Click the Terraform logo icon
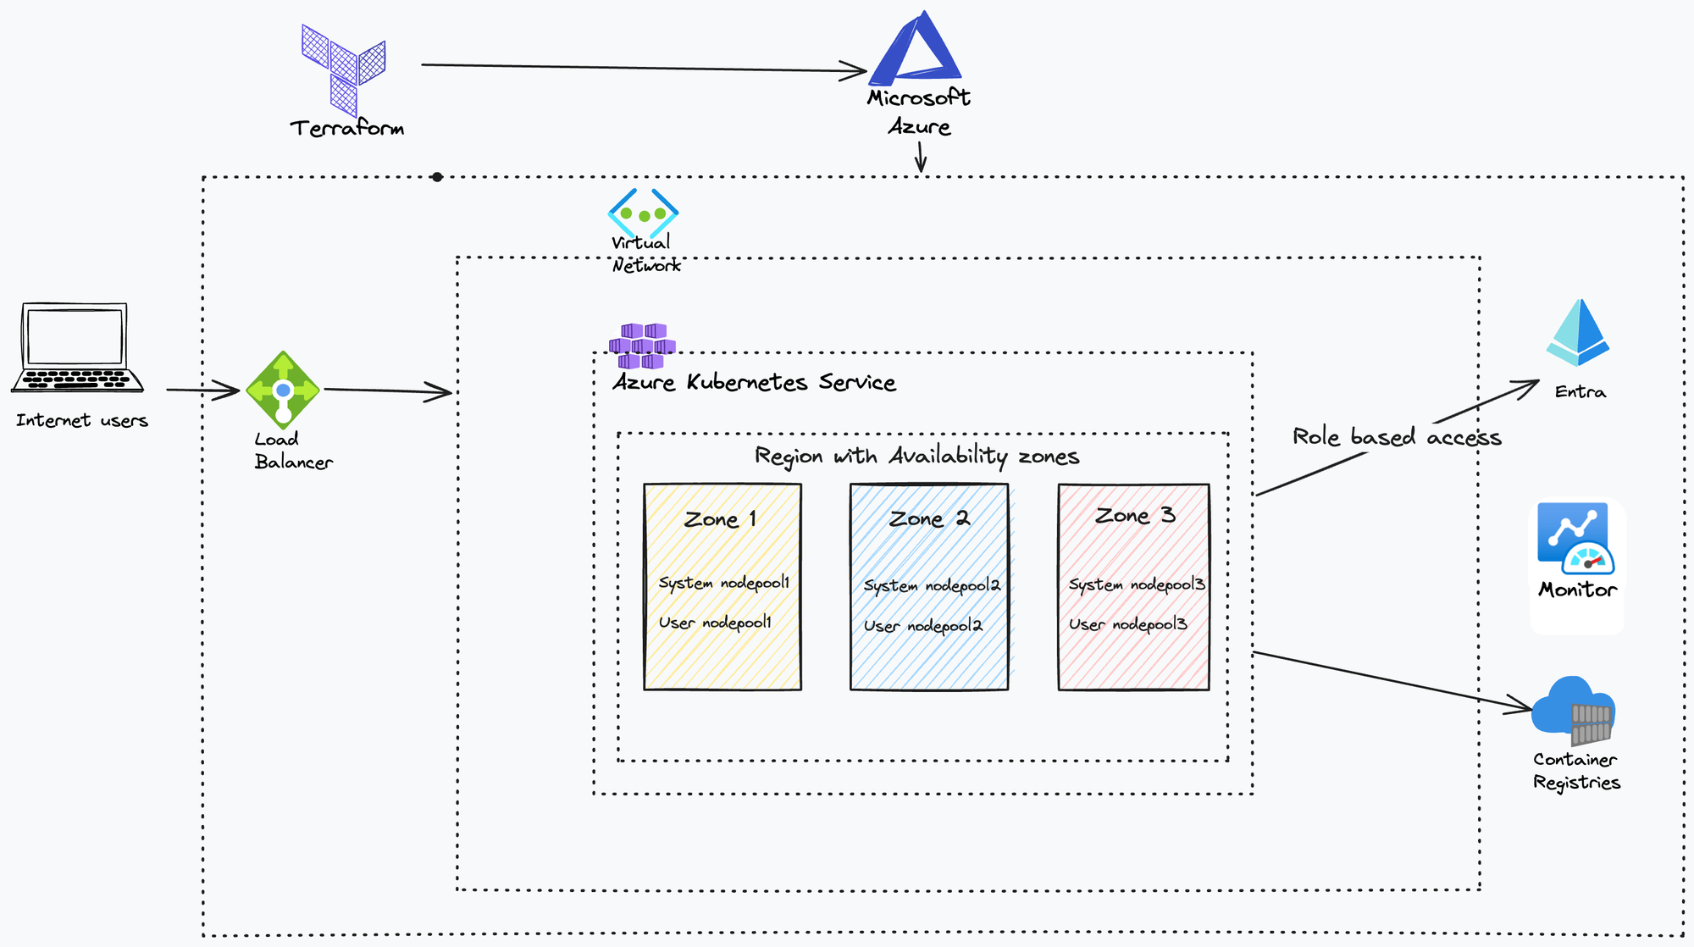pos(344,69)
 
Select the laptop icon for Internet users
pos(77,347)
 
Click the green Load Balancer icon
pos(283,390)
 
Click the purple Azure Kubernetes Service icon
pos(642,346)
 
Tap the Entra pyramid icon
pos(1577,332)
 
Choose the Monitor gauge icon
pos(1576,539)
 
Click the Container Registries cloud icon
pos(1574,710)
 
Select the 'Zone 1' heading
pos(720,519)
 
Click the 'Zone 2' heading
pos(929,518)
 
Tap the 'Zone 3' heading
pos(1135,515)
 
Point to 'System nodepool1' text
pos(724,583)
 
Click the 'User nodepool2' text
pos(923,626)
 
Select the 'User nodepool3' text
pos(1128,624)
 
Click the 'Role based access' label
pos(1397,437)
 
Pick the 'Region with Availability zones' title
pos(917,457)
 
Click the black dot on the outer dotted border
pos(437,177)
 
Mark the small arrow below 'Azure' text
pos(921,157)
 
